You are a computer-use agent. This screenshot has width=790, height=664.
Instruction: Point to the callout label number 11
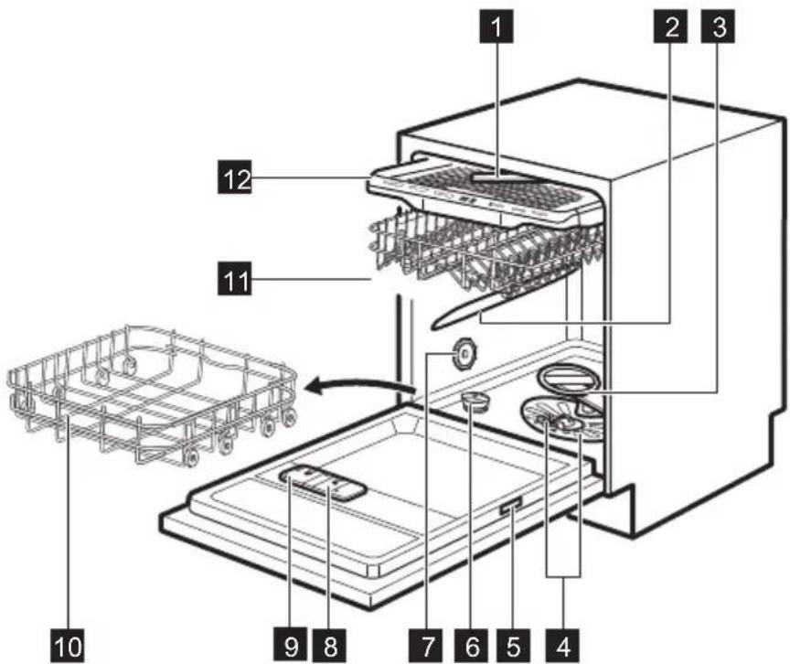coord(235,274)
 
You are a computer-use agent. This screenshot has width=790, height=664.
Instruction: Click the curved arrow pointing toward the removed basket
coord(357,389)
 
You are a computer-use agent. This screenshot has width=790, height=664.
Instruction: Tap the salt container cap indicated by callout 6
coord(474,400)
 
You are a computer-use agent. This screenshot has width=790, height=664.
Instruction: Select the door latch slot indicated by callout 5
coord(509,506)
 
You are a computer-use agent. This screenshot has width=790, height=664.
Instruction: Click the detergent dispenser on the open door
coord(320,480)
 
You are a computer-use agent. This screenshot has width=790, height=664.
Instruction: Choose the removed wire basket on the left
coord(151,384)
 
